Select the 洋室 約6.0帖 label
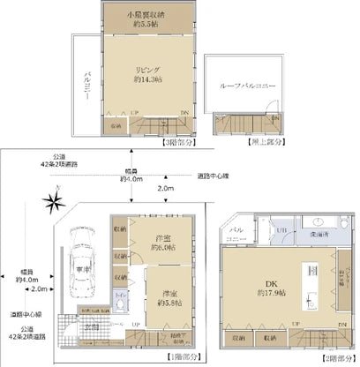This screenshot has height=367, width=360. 161,243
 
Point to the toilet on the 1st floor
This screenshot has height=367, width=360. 122,304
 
